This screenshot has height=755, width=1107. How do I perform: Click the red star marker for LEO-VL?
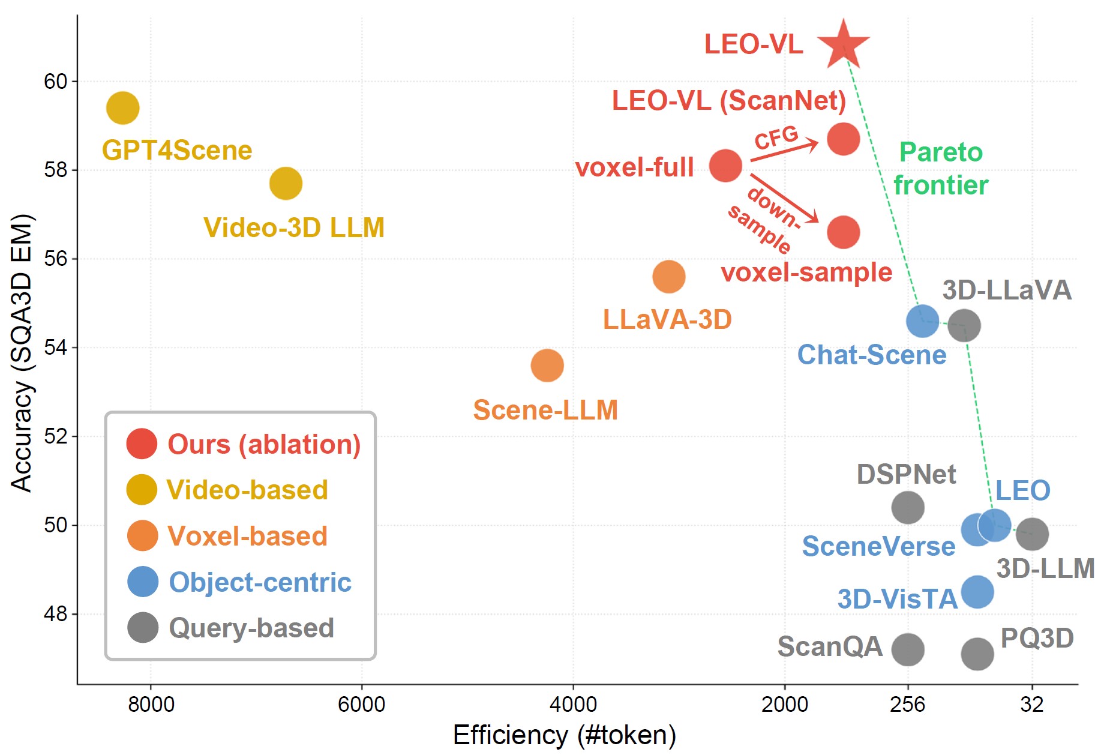click(843, 45)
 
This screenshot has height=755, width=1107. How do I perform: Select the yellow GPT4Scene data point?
click(122, 108)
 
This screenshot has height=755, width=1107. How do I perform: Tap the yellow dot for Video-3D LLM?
click(286, 184)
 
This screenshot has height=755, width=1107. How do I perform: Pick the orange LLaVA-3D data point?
click(668, 277)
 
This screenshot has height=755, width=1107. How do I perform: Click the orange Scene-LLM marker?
click(547, 365)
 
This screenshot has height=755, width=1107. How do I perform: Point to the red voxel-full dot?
click(725, 166)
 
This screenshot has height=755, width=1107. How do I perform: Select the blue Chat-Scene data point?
click(922, 321)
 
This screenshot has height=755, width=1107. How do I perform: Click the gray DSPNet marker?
click(908, 508)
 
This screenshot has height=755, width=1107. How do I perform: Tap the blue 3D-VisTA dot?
click(977, 592)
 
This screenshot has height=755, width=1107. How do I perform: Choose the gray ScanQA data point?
click(908, 649)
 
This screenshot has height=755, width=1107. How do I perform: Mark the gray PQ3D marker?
click(977, 654)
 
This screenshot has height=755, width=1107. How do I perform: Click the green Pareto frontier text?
click(941, 169)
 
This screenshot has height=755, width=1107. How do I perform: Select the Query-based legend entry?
click(251, 628)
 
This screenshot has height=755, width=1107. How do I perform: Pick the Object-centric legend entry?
click(259, 582)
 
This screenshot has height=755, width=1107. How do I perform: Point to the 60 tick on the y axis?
click(55, 82)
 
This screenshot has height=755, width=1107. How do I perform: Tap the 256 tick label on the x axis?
click(907, 704)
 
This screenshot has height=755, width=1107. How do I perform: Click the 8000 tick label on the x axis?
click(151, 704)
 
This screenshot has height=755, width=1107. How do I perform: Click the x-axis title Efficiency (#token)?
click(564, 735)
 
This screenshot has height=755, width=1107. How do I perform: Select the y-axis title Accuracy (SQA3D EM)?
click(22, 353)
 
